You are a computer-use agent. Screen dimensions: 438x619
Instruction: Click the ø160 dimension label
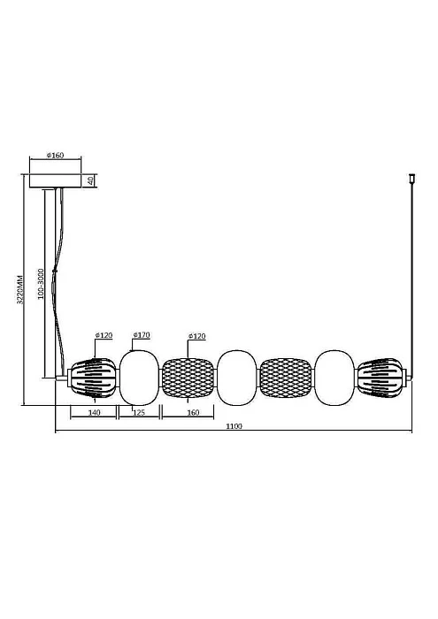pos(55,155)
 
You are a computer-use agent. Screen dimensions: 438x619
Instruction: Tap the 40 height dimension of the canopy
pos(91,180)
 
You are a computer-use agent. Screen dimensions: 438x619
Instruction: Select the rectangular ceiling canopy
pos(55,180)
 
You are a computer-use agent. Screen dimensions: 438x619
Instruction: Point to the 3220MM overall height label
pos(20,289)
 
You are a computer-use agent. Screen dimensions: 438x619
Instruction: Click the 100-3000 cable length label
pos(41,284)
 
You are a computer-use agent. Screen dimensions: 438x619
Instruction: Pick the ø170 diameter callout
pos(142,335)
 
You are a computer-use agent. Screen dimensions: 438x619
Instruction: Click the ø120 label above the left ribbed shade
pos(104,335)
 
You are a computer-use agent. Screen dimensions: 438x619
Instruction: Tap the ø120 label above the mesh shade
pos(196,336)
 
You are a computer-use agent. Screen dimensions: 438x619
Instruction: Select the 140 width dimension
pos(94,413)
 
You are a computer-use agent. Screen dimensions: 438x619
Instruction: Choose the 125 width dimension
pos(139,413)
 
